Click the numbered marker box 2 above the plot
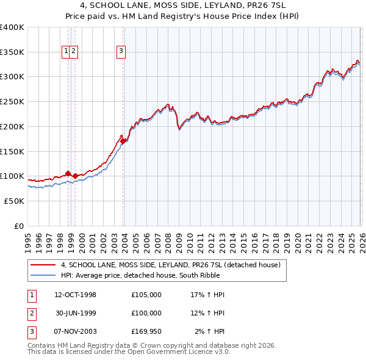[73, 52]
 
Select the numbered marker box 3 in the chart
[121, 52]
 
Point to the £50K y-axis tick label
[13, 201]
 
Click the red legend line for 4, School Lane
[43, 265]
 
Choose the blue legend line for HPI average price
[43, 276]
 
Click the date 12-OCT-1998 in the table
[75, 295]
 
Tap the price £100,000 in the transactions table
[146, 313]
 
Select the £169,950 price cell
[146, 332]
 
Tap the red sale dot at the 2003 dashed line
[123, 141]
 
